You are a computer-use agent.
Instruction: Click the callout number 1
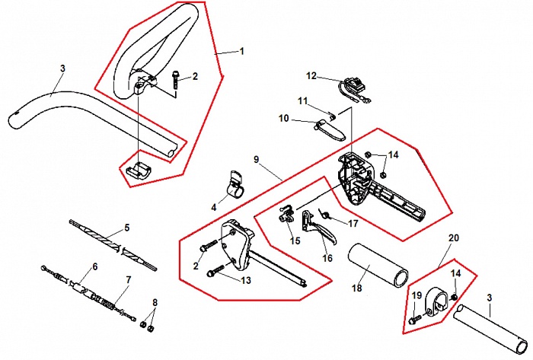pos(242,51)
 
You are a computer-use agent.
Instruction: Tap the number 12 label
pos(311,76)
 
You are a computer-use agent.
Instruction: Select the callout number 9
pos(257,159)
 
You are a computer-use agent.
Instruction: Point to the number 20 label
pos(454,238)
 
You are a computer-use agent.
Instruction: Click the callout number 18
pos(356,288)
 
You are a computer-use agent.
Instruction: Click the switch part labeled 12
pos(354,86)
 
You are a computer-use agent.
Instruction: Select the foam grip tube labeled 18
pos(378,265)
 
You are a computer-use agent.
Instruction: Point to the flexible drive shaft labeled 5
pos(113,244)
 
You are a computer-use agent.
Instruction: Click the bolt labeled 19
pos(416,319)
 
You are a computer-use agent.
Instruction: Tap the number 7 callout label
pos(128,280)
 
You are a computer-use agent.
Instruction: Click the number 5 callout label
pos(127,228)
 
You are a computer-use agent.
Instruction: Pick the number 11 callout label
pos(302,101)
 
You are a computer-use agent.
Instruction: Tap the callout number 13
pos(246,280)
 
